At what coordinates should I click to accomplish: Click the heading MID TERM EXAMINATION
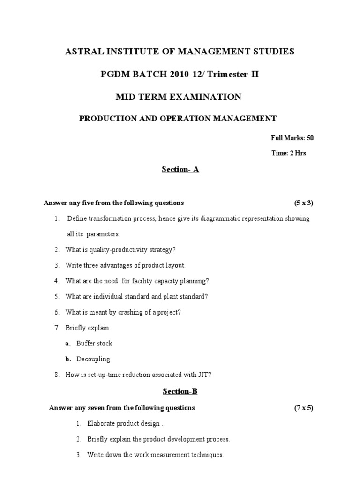coord(179,97)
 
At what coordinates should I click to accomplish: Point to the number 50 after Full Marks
coord(310,138)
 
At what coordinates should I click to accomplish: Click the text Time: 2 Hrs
coord(289,153)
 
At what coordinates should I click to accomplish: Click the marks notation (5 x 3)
coord(304,203)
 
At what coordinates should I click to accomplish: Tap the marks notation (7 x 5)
coord(304,408)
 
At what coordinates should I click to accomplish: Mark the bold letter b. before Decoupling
coord(68,359)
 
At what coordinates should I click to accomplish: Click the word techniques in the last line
coord(208,455)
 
